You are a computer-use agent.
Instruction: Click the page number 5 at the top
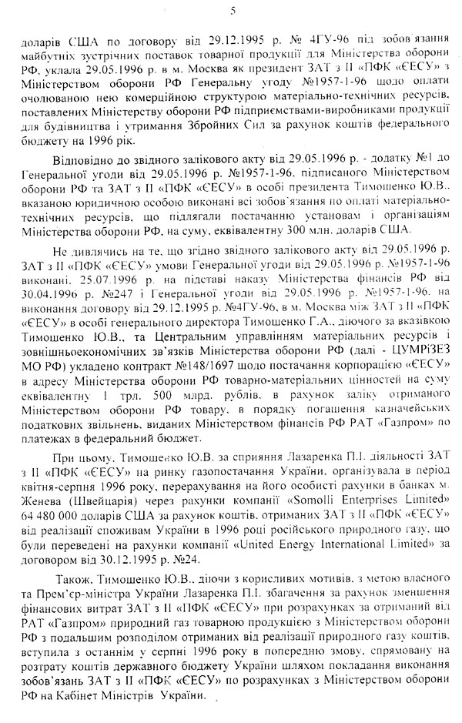(233, 9)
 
